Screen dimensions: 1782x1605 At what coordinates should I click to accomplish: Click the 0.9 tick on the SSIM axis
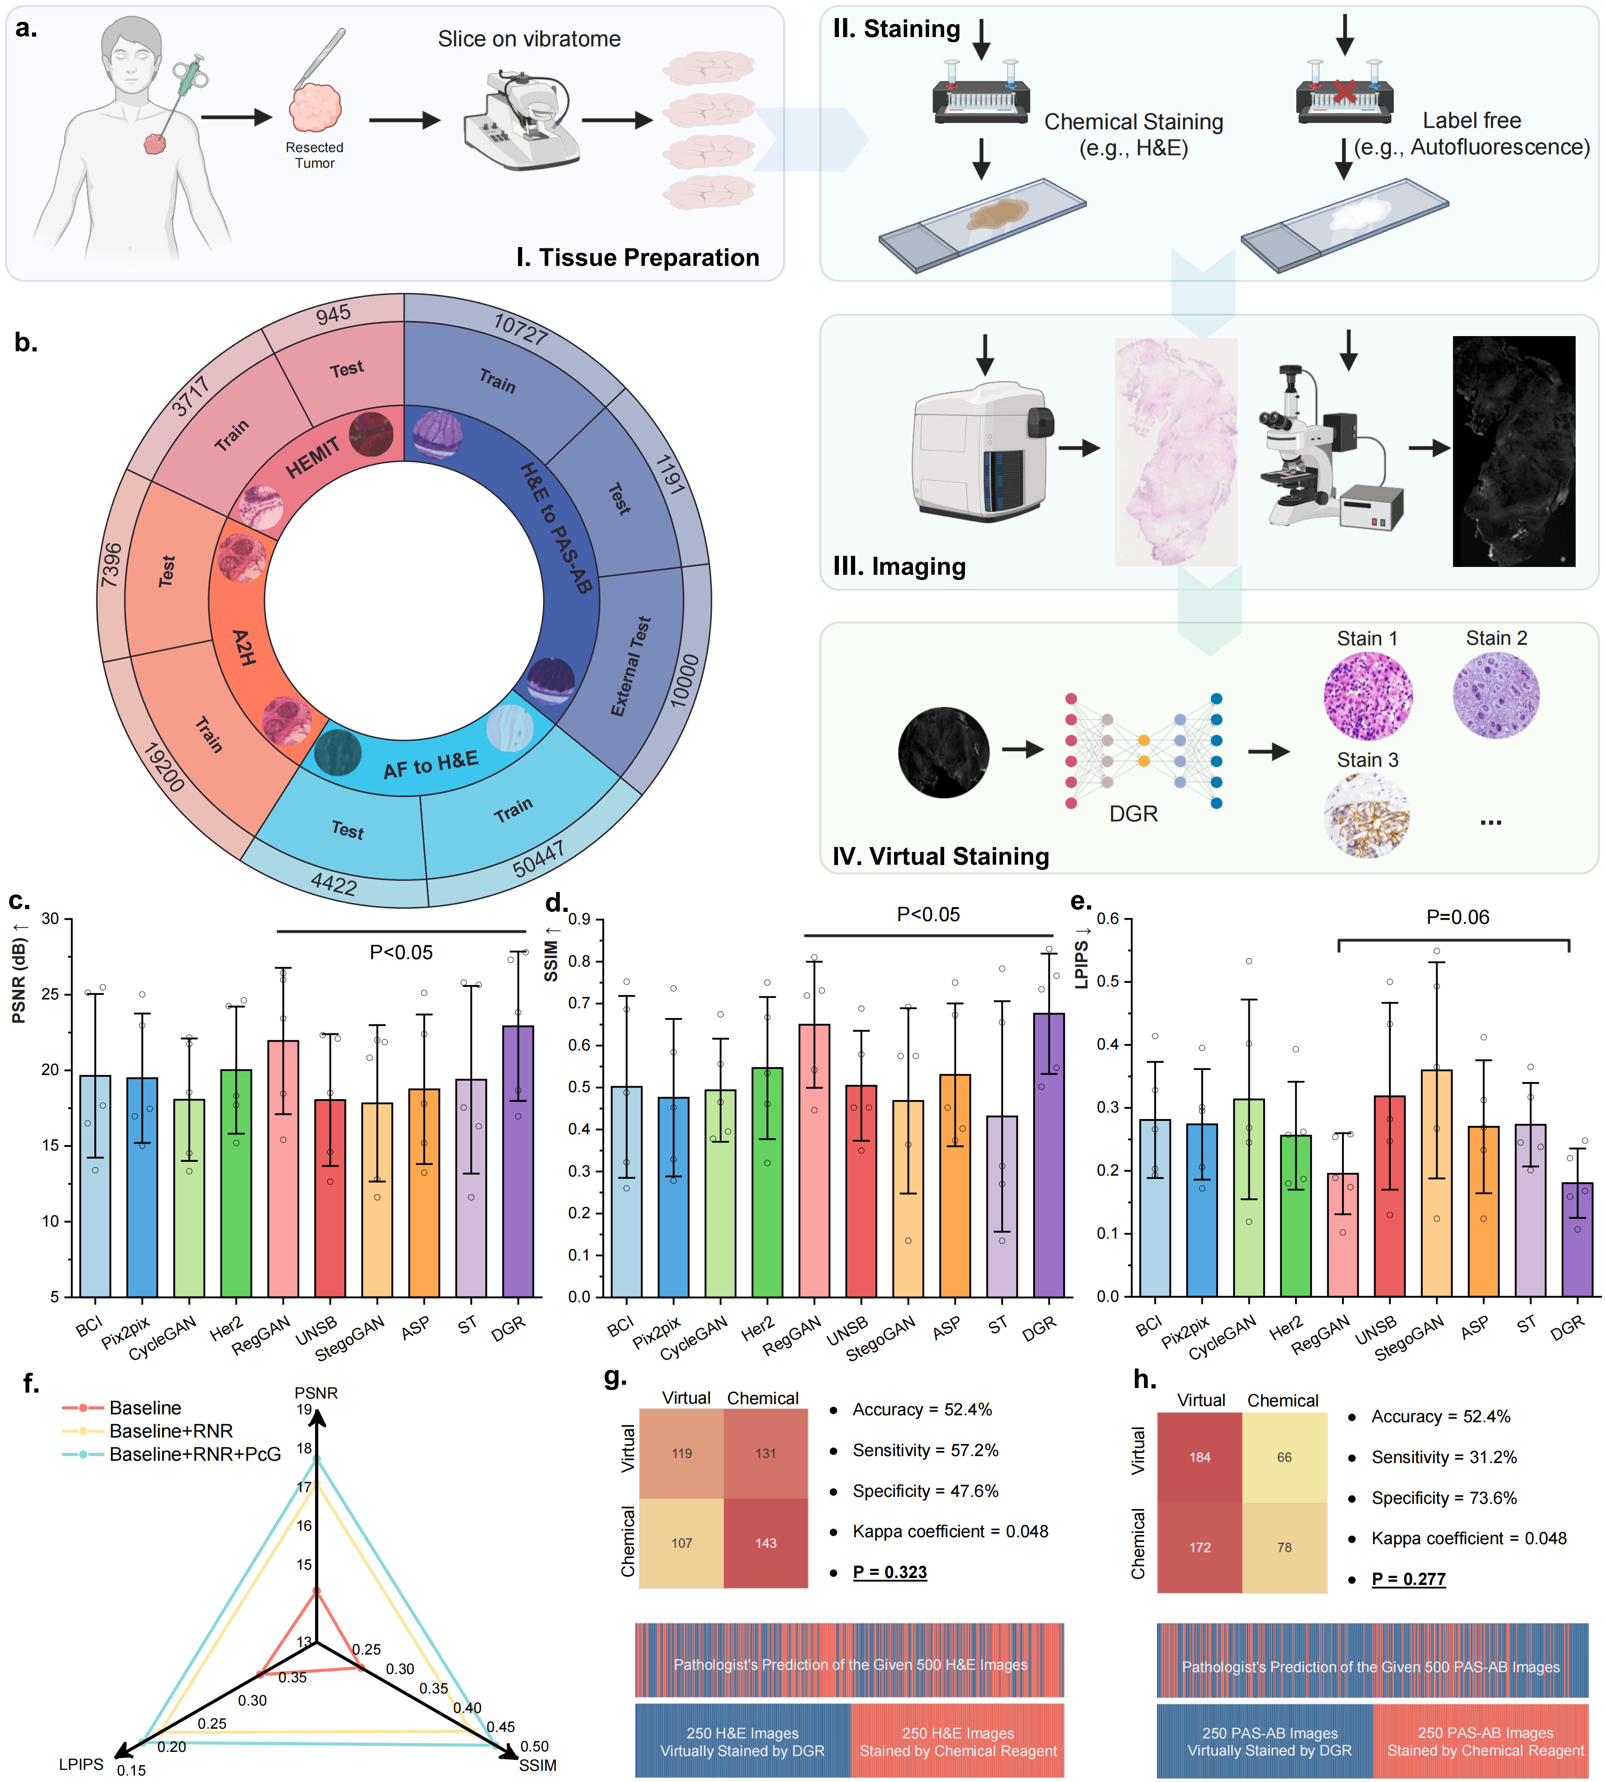(579, 920)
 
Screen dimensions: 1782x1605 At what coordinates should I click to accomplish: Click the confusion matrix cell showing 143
(766, 1543)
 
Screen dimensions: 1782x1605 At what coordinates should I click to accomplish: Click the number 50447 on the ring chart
(538, 859)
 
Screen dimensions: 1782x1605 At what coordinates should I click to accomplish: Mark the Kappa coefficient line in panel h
(1468, 1539)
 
